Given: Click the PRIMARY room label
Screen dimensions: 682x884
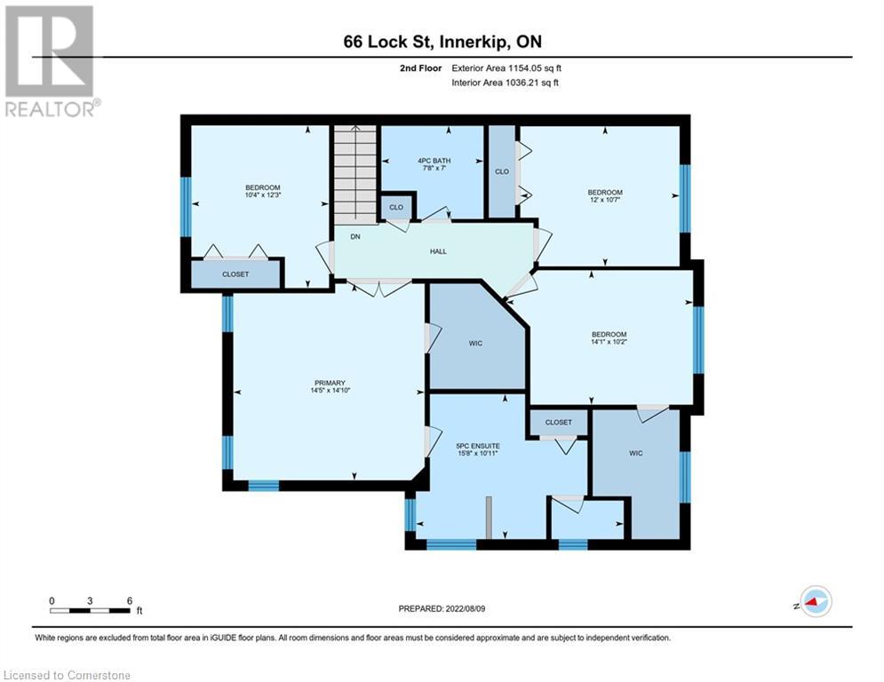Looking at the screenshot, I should pos(329,383).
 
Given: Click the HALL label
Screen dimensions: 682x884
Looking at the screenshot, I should pos(438,251).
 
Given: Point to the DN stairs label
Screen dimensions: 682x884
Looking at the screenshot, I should pos(354,238).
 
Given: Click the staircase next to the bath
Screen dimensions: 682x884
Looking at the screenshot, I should pos(355,174).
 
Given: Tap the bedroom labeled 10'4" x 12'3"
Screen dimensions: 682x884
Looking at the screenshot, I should pos(263,187).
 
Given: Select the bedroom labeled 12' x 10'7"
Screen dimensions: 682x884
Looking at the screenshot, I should pos(605,193).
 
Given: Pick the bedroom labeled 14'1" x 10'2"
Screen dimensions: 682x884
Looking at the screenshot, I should pos(609,335).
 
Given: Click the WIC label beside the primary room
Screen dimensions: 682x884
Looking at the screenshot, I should pos(475,343).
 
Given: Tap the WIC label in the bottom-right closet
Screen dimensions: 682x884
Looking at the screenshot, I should pos(635,453).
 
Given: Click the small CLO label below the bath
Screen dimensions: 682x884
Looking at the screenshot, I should pos(396,207).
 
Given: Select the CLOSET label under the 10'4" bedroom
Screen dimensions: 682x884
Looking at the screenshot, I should pos(235,274).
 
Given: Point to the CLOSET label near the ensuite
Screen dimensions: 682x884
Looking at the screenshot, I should pos(558,422).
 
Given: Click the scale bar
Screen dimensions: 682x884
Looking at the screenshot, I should pos(91,609).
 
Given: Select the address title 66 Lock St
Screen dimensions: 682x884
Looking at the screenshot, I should pos(441,43).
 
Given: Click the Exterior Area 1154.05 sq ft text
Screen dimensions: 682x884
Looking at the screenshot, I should pos(506,67).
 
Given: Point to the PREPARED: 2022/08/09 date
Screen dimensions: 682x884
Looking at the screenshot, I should pos(442,608).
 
